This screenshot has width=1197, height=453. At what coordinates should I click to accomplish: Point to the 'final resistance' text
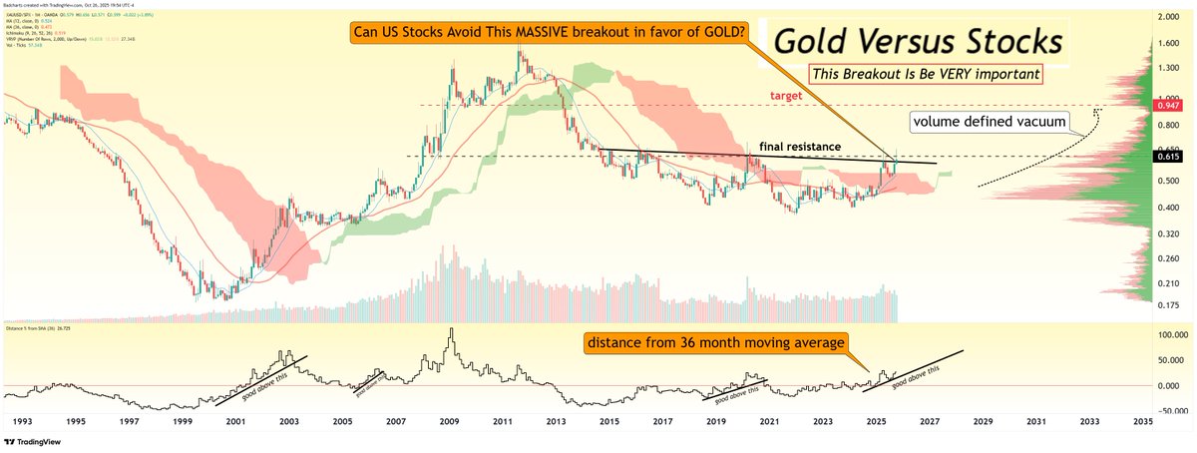click(800, 147)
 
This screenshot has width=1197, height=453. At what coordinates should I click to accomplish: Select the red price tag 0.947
click(1167, 105)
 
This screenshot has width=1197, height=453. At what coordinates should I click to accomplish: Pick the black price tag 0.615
click(1167, 157)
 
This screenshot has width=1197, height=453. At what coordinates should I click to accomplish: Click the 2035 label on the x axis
click(1143, 422)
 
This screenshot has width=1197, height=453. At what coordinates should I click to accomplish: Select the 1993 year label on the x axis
click(20, 422)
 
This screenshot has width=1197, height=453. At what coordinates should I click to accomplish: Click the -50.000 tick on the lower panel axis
click(1168, 409)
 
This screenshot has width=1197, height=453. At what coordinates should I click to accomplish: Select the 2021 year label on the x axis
click(769, 422)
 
